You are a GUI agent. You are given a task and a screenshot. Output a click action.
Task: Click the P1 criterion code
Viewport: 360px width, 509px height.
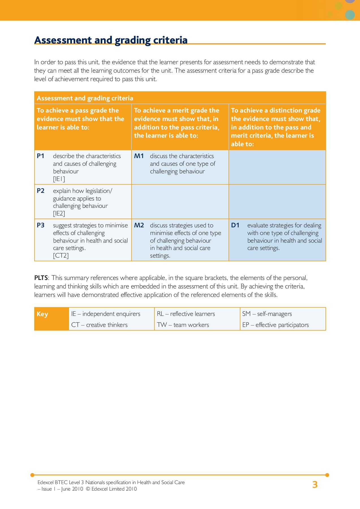[40, 156]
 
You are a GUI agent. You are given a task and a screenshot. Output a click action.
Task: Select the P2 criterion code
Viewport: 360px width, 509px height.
[40, 191]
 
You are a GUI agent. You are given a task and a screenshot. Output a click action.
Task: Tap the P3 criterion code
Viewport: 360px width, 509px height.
[40, 225]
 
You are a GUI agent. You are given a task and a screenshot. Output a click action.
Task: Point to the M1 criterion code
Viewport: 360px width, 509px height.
[139, 156]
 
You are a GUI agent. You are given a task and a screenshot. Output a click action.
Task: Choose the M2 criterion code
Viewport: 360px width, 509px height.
[139, 225]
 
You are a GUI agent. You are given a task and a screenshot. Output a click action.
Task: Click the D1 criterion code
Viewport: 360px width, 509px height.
[235, 225]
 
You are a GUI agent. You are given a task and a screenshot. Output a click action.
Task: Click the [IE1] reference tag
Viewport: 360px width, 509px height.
[59, 179]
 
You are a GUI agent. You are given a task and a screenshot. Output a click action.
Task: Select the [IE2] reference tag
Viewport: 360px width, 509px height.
[59, 213]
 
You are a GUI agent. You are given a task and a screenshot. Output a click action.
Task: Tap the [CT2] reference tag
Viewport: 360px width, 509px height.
[61, 256]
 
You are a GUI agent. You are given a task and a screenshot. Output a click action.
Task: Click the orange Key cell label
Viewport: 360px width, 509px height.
[42, 314]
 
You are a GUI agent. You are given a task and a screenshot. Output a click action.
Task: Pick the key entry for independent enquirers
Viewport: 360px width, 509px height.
[106, 314]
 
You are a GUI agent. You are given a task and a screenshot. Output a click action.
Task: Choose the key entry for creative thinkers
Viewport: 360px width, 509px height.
[99, 325]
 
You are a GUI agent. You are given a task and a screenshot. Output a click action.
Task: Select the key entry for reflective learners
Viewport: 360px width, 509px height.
[186, 314]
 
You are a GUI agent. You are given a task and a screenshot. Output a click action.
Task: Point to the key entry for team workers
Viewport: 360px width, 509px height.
[183, 325]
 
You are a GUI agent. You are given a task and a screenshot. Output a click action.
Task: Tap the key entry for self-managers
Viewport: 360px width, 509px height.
[267, 314]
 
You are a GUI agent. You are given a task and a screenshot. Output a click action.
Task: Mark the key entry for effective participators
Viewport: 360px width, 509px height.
[275, 325]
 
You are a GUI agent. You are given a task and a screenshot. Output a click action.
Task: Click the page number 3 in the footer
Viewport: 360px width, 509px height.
[315, 485]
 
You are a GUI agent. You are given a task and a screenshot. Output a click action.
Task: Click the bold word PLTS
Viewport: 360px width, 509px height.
[41, 278]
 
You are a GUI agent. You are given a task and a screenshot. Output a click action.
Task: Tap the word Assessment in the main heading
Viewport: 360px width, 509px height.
[62, 40]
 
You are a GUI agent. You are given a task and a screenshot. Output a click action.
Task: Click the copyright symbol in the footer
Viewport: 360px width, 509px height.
[87, 489]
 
